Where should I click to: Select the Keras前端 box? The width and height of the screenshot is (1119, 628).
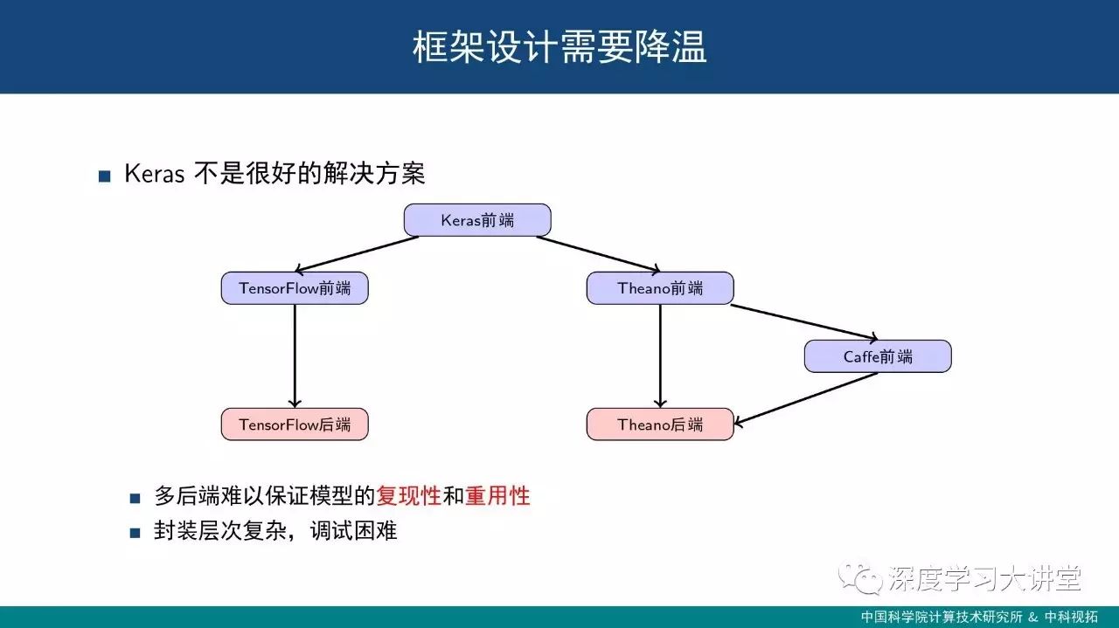[x=477, y=220]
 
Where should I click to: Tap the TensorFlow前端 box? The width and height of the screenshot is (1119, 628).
[x=295, y=288]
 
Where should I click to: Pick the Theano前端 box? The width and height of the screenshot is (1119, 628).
[x=660, y=288]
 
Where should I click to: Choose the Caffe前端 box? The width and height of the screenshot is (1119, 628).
[x=878, y=356]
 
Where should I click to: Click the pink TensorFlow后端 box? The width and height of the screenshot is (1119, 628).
[x=295, y=424]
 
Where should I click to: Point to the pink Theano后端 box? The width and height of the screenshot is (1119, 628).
[x=660, y=424]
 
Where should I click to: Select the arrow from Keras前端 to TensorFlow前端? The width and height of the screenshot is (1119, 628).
[x=358, y=254]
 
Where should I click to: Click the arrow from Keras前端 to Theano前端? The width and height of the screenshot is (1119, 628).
[x=598, y=254]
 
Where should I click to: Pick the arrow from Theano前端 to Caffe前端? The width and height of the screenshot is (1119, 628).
[x=804, y=322]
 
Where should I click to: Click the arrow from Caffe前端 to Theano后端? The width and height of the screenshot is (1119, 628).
[x=806, y=399]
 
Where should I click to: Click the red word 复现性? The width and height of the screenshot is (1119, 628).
[x=408, y=497]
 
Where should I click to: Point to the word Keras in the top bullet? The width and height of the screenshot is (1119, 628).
[x=154, y=174]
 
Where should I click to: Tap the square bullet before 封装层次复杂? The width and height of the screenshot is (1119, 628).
[x=135, y=532]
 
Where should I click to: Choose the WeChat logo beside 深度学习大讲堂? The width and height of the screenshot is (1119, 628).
[x=858, y=577]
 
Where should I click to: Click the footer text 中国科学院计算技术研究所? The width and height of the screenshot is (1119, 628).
[x=941, y=617]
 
